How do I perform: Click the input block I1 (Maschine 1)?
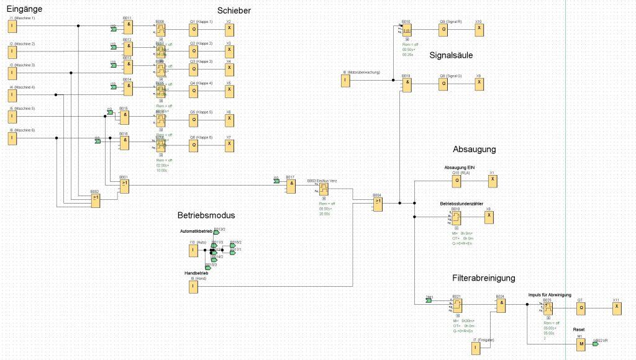(x=12, y=26)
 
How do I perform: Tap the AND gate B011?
(x=128, y=27)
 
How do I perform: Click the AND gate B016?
(x=124, y=142)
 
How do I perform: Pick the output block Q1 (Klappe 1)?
(x=194, y=29)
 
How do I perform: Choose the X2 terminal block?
(x=230, y=29)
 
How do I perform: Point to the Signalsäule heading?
(x=452, y=55)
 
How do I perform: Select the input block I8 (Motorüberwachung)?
(x=345, y=80)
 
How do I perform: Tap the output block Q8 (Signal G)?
(x=443, y=83)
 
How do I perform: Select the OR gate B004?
(x=378, y=202)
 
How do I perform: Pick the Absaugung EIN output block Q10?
(x=457, y=181)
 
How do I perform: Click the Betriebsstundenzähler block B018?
(x=456, y=217)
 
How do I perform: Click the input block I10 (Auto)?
(x=193, y=250)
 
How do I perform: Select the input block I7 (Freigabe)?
(x=476, y=348)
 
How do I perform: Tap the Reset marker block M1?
(x=581, y=343)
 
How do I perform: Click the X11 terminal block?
(x=616, y=308)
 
